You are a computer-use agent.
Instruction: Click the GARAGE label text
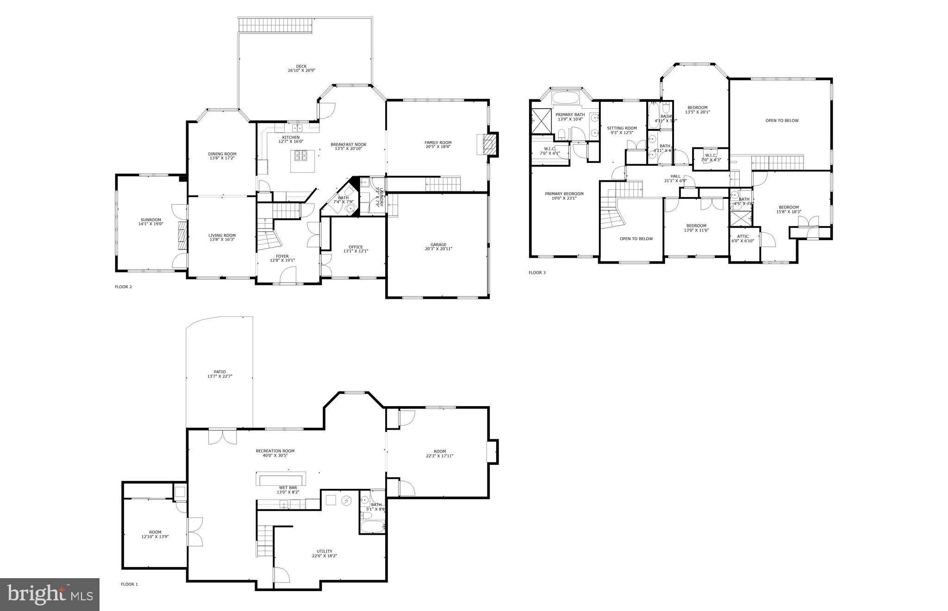point(438,245)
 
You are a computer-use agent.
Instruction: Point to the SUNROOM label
point(151,220)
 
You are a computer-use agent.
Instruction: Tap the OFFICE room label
point(355,247)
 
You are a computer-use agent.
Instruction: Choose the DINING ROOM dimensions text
point(222,158)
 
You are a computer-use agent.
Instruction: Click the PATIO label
point(219,371)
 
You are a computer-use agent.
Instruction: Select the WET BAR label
point(287,488)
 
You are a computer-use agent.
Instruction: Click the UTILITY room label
point(324,551)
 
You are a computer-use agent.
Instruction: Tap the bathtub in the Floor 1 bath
point(372,527)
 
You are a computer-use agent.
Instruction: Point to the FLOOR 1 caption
point(129,584)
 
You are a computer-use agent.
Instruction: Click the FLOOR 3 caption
point(537,272)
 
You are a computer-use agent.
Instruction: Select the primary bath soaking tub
point(566,98)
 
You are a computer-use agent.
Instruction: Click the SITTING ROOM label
point(622,128)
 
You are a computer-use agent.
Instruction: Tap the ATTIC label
point(742,236)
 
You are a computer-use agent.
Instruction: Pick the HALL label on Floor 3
point(675,176)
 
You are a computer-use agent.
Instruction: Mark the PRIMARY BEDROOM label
point(564,194)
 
